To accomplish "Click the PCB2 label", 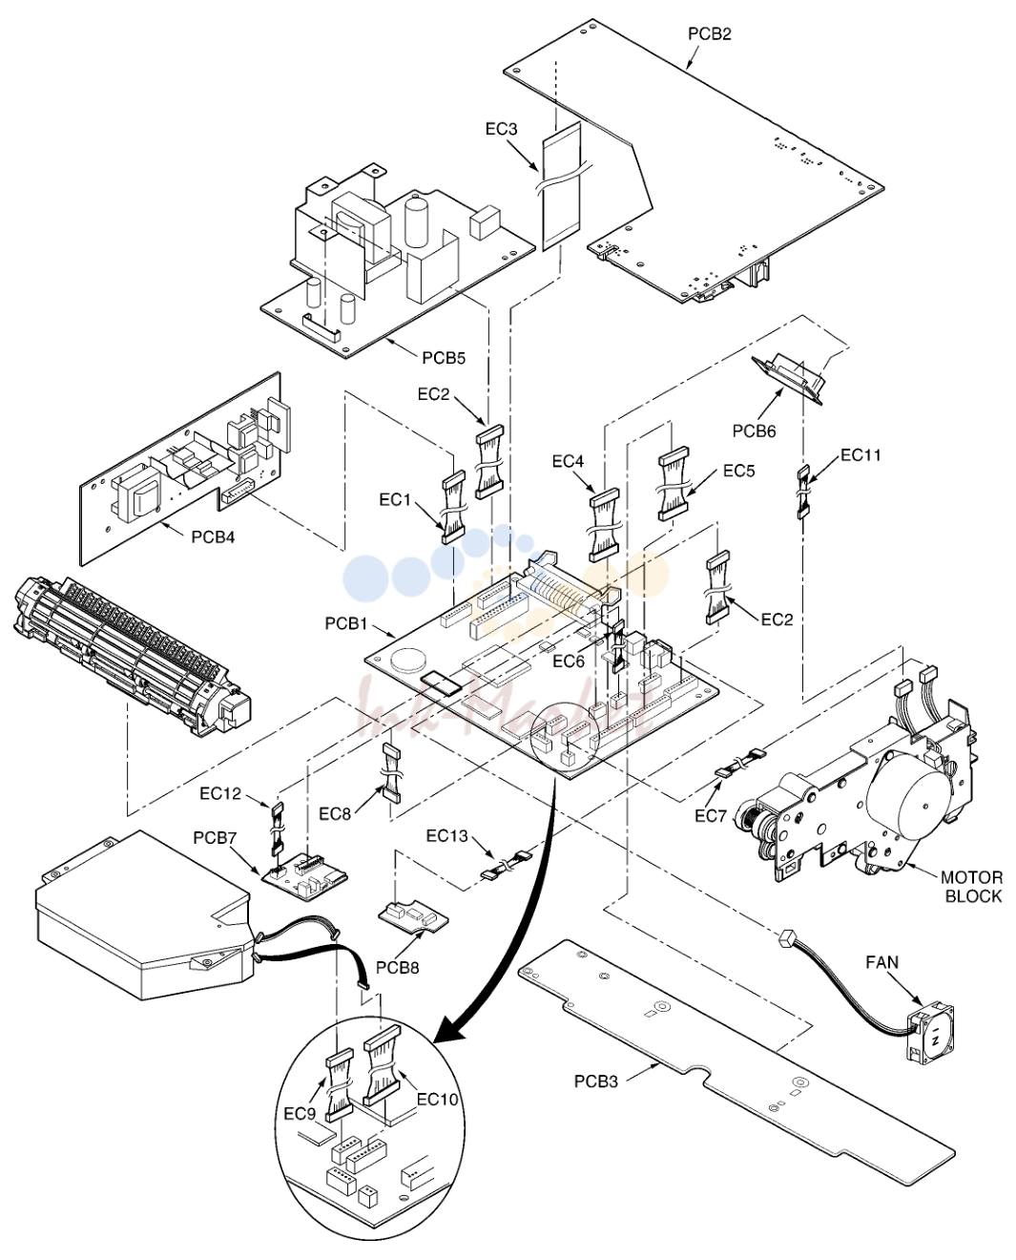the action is [x=710, y=34].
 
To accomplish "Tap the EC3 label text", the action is [x=502, y=129].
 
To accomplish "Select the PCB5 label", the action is [x=445, y=358].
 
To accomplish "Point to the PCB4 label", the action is [x=213, y=536].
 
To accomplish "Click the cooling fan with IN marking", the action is [x=929, y=1034].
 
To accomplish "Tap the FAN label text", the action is [x=882, y=962].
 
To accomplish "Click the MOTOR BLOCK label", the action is [x=971, y=887].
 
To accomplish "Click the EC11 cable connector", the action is [x=803, y=492].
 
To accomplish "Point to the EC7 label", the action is [x=710, y=815].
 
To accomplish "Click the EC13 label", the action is [x=447, y=835].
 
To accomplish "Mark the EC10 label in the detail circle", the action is [x=438, y=1099].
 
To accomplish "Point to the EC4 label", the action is [x=569, y=461].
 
